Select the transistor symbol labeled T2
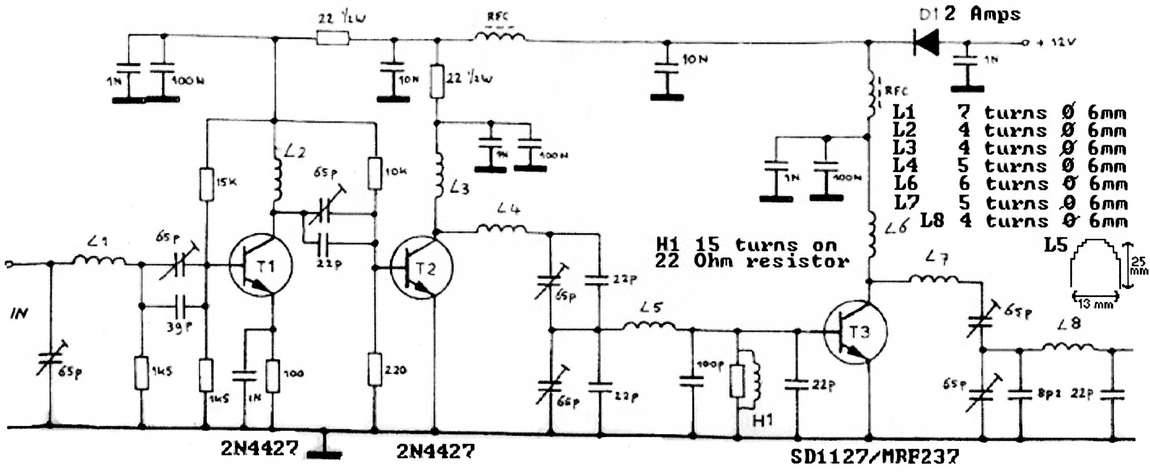422,268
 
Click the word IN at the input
19,314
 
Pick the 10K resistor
375,173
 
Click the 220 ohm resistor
375,369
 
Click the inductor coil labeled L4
502,229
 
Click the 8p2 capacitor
1020,394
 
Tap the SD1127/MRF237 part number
875,456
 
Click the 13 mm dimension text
1095,304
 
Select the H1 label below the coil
763,420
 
